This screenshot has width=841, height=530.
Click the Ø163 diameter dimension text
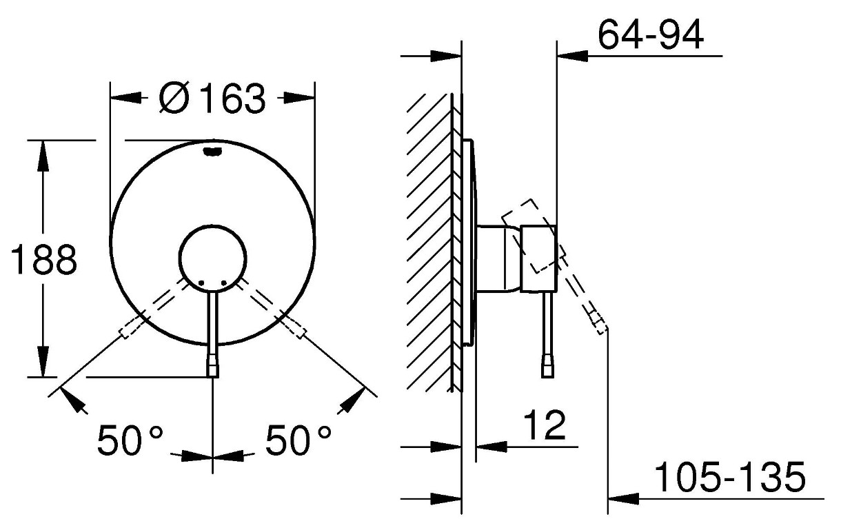212,99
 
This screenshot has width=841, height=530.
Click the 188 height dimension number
44,259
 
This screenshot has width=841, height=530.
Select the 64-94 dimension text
650,34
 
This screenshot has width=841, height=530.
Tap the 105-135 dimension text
730,477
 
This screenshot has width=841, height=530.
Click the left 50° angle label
130,440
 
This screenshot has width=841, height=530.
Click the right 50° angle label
298,440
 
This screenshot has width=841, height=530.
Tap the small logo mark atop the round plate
212,151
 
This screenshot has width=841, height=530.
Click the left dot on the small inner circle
201,283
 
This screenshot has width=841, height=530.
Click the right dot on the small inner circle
224,283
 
